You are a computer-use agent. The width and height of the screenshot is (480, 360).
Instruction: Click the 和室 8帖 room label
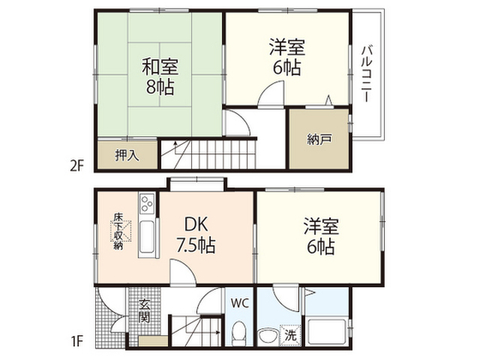click(160, 77)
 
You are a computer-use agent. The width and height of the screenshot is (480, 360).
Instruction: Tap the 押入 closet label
click(127, 155)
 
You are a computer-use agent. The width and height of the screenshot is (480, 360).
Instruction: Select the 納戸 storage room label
click(319, 139)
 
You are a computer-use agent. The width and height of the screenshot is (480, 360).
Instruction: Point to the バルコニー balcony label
click(367, 73)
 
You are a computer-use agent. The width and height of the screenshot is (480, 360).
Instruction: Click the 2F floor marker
click(76, 166)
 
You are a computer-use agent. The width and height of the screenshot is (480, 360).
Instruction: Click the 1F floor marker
click(76, 340)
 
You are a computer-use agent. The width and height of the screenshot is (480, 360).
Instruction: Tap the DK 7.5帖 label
click(196, 235)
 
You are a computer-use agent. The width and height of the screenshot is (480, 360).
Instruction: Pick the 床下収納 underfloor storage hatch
click(121, 231)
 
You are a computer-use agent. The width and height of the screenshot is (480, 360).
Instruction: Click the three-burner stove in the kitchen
click(147, 203)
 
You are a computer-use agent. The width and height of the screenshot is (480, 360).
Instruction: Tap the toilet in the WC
click(238, 332)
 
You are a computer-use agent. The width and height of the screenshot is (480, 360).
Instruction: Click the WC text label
click(240, 304)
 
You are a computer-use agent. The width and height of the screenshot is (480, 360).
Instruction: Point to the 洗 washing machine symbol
click(290, 335)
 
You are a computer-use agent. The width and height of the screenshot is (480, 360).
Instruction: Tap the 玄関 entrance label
click(144, 311)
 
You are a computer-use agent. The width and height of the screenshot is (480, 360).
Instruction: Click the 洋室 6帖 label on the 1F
click(321, 236)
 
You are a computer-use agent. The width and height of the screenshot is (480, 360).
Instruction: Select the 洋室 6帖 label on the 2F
click(286, 57)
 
